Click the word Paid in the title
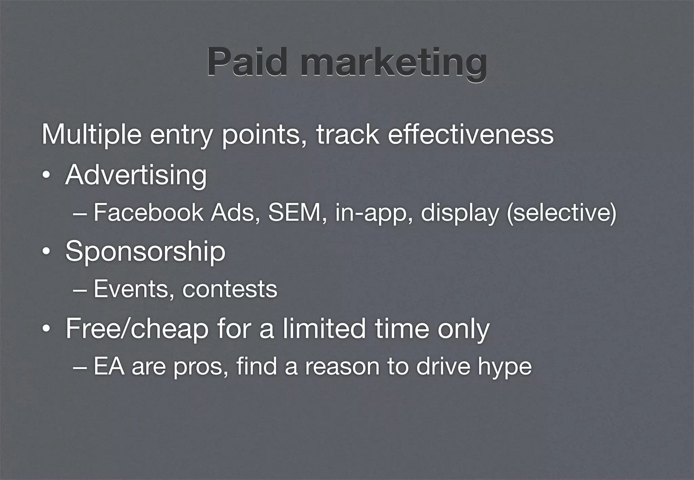coord(247,62)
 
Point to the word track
coord(347,134)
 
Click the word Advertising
coord(136,175)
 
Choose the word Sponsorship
coord(145,252)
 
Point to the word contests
coord(230,289)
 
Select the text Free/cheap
coord(137,329)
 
